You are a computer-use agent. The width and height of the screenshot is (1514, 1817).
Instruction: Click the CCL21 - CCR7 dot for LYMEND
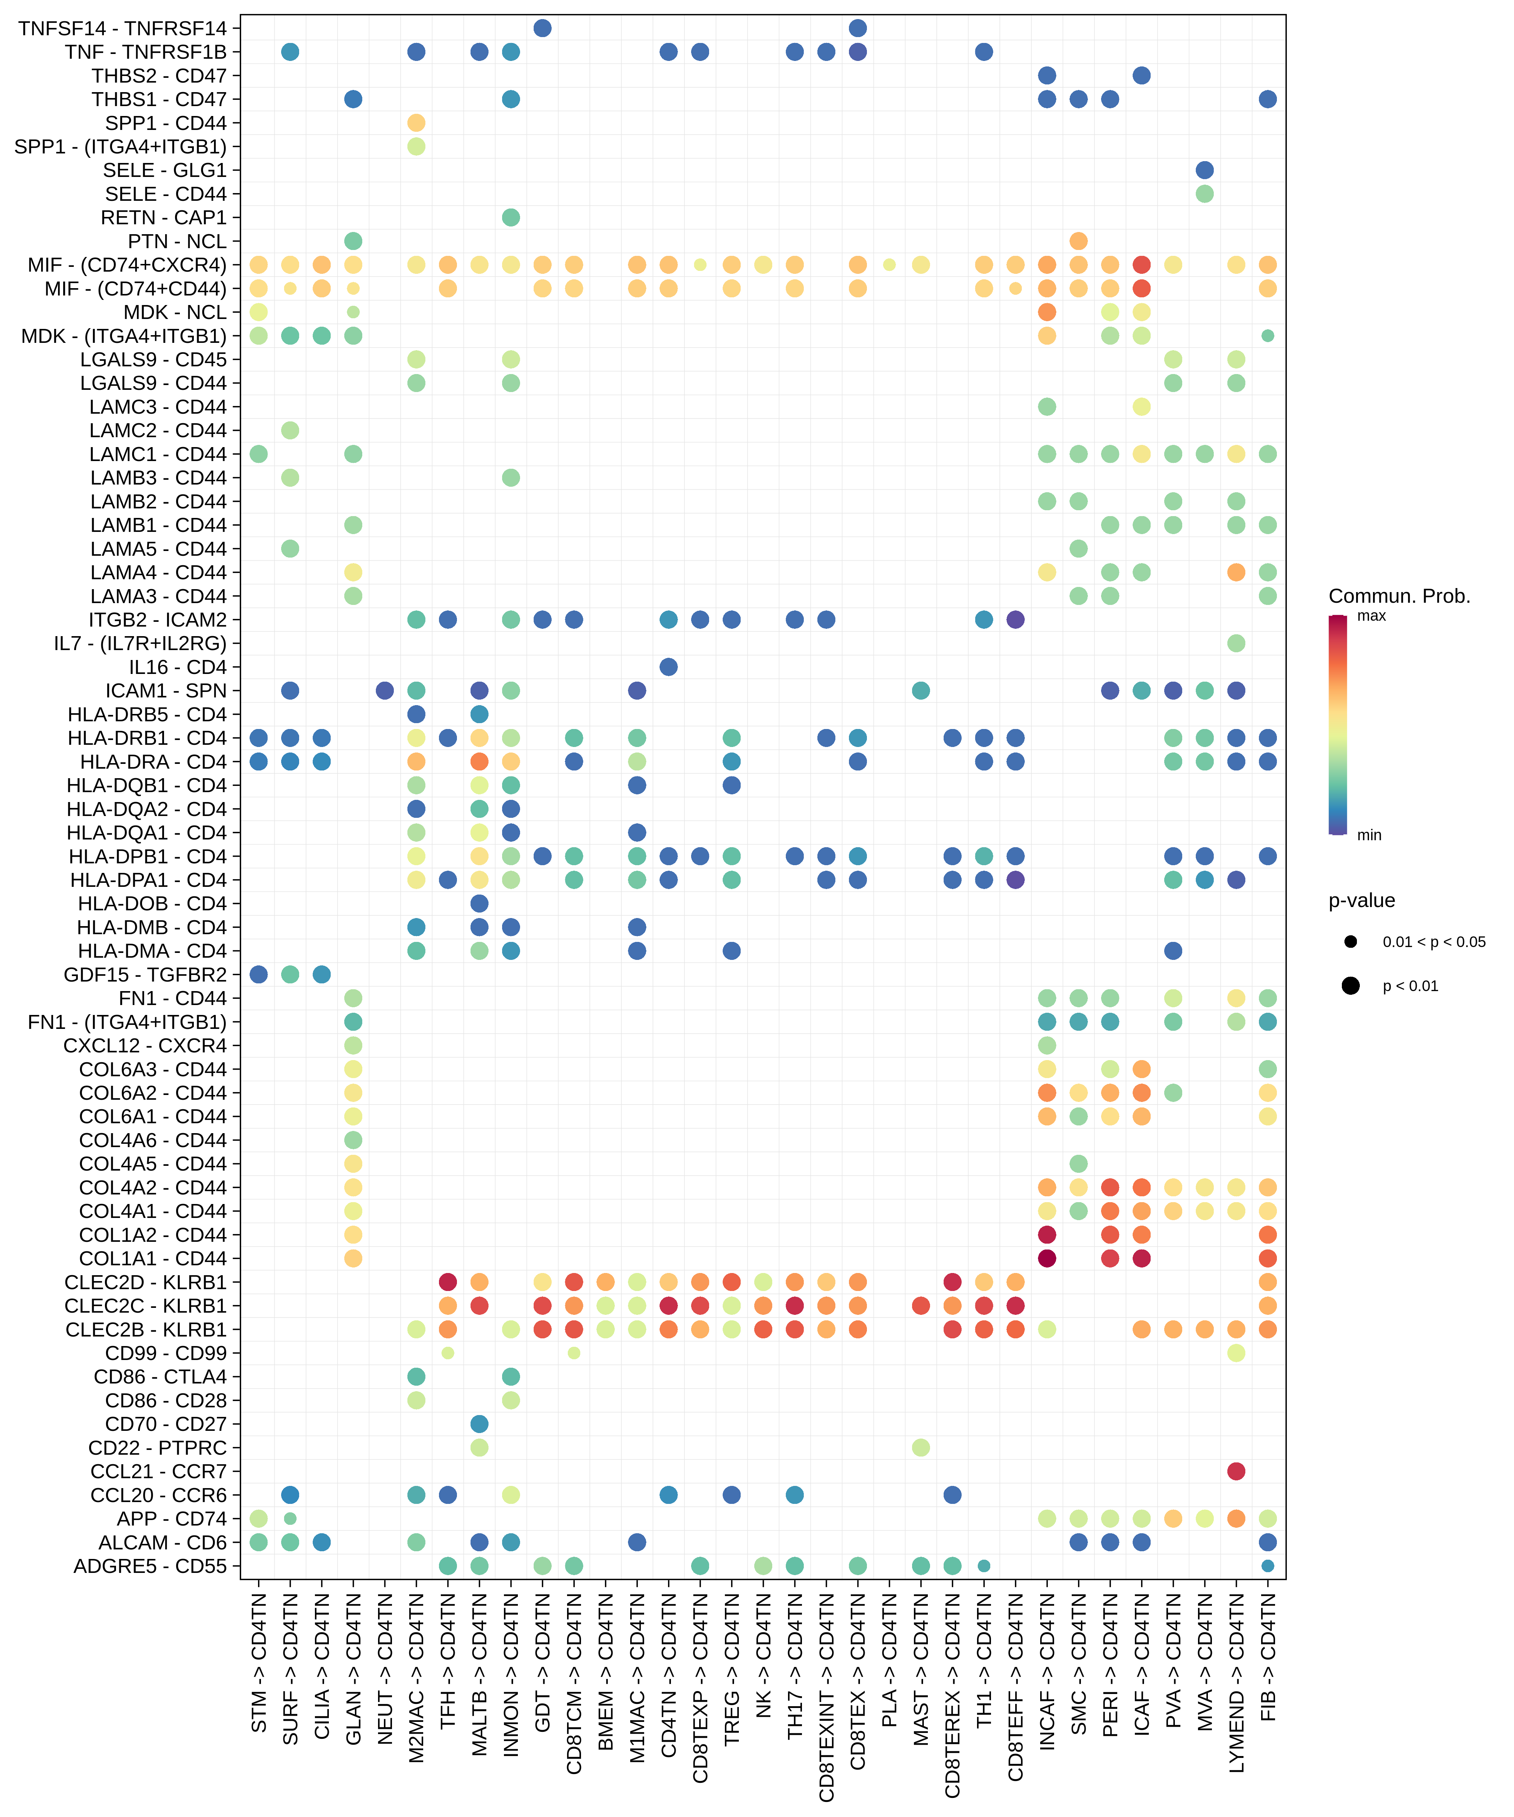(1236, 1471)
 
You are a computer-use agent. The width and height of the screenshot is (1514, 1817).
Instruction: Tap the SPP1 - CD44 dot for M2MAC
(416, 123)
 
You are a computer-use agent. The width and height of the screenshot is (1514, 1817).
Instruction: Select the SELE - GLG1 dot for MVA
(1204, 170)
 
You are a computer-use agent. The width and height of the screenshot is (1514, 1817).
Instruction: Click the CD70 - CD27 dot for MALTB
(479, 1424)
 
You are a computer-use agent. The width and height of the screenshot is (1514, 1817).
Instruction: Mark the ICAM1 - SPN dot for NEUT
(385, 690)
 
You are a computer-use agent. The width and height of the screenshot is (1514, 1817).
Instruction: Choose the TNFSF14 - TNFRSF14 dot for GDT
(542, 29)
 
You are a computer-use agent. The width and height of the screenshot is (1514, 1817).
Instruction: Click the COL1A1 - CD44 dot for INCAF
(1047, 1258)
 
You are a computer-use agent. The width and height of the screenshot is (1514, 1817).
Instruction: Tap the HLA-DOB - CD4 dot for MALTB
(479, 903)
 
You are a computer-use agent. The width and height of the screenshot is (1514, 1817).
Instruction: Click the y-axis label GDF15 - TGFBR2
(145, 974)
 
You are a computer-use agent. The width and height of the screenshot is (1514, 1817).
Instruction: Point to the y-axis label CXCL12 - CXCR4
(145, 1045)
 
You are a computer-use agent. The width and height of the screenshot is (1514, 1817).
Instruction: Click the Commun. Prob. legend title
(1399, 596)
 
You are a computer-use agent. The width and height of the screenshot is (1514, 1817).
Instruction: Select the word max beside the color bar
(1371, 616)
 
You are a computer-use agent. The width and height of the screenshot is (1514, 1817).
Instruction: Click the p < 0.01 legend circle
(1351, 986)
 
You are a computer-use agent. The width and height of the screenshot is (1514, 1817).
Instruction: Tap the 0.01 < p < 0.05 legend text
(1434, 942)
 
